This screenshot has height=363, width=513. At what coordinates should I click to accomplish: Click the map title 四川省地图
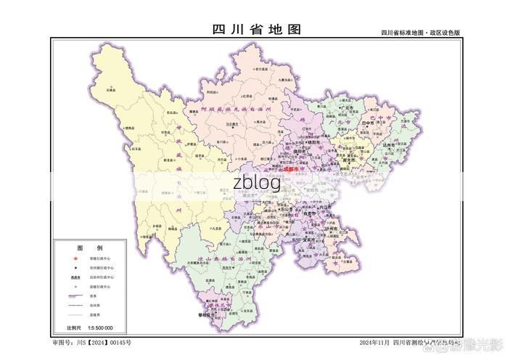click(256, 29)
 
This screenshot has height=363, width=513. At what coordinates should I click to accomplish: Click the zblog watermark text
click(256, 183)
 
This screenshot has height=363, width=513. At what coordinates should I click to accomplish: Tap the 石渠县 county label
click(110, 90)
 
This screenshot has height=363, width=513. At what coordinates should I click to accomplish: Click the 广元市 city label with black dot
click(348, 108)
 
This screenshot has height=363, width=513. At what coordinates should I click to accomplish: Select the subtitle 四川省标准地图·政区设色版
click(421, 33)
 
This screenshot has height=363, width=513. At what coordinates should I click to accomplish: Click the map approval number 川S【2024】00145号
click(91, 342)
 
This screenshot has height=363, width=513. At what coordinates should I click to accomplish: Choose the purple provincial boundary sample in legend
click(75, 296)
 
